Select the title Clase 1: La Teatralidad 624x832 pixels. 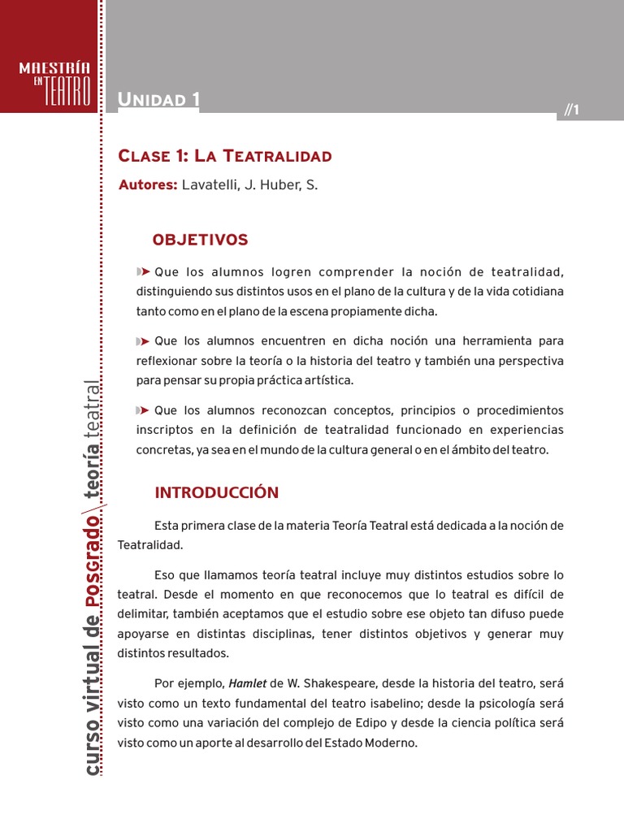click(x=225, y=156)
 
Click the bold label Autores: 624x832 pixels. click(x=148, y=185)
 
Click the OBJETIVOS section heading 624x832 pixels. click(x=200, y=240)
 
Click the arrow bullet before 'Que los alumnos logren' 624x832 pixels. click(x=144, y=271)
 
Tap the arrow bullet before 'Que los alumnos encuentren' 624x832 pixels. click(x=144, y=341)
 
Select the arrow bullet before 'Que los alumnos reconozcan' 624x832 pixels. click(x=144, y=410)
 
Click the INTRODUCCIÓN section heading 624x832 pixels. click(x=216, y=492)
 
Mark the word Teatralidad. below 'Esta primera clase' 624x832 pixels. click(x=150, y=545)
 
